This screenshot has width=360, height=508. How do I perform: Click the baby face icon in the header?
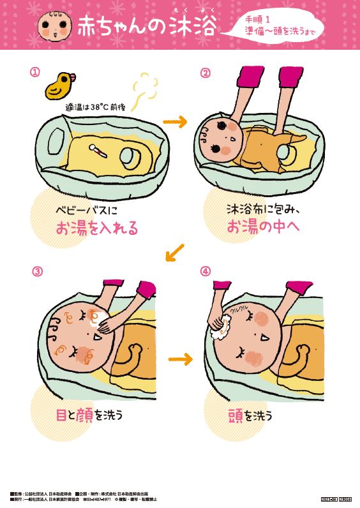click(53, 24)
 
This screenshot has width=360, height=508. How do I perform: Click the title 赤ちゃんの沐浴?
click(145, 26)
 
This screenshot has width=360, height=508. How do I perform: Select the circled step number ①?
click(36, 72)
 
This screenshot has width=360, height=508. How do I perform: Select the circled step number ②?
click(206, 72)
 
